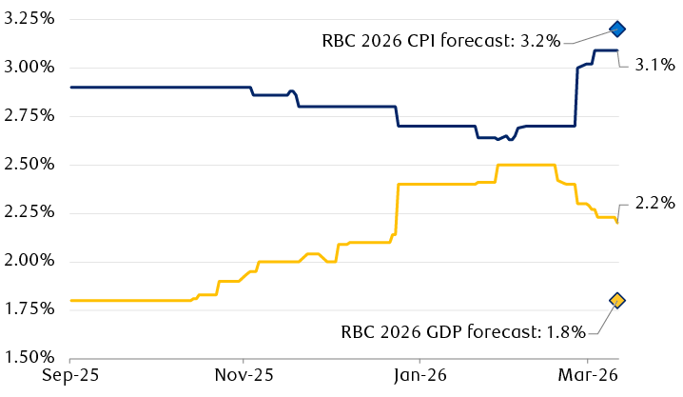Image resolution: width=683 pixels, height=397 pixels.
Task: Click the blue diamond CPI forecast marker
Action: (616, 29)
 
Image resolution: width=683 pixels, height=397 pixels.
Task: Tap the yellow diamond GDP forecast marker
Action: (616, 301)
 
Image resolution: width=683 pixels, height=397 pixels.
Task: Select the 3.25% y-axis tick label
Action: (29, 19)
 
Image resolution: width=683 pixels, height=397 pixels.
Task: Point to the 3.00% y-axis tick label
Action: (29, 68)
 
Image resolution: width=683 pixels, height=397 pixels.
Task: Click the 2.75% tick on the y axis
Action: (29, 116)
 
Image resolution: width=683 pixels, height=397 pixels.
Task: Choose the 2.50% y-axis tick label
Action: (29, 165)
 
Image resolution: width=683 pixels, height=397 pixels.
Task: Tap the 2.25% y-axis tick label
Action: (29, 213)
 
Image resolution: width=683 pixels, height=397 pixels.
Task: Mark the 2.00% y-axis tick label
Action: (29, 262)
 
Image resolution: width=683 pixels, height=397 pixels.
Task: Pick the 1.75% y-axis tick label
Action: (29, 310)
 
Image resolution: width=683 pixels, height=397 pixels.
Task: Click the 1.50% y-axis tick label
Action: (29, 359)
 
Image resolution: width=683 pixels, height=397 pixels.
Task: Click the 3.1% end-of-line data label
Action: (655, 66)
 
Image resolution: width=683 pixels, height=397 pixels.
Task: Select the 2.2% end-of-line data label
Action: (655, 203)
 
